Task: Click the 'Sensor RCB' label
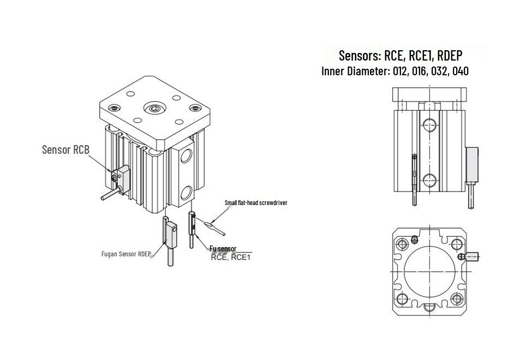click(65, 149)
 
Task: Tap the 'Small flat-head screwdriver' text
click(256, 203)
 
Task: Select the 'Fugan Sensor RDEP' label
click(126, 254)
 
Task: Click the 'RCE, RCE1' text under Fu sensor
click(231, 257)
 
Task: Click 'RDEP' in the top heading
click(450, 55)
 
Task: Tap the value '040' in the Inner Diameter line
click(460, 71)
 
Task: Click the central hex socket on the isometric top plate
click(154, 109)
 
